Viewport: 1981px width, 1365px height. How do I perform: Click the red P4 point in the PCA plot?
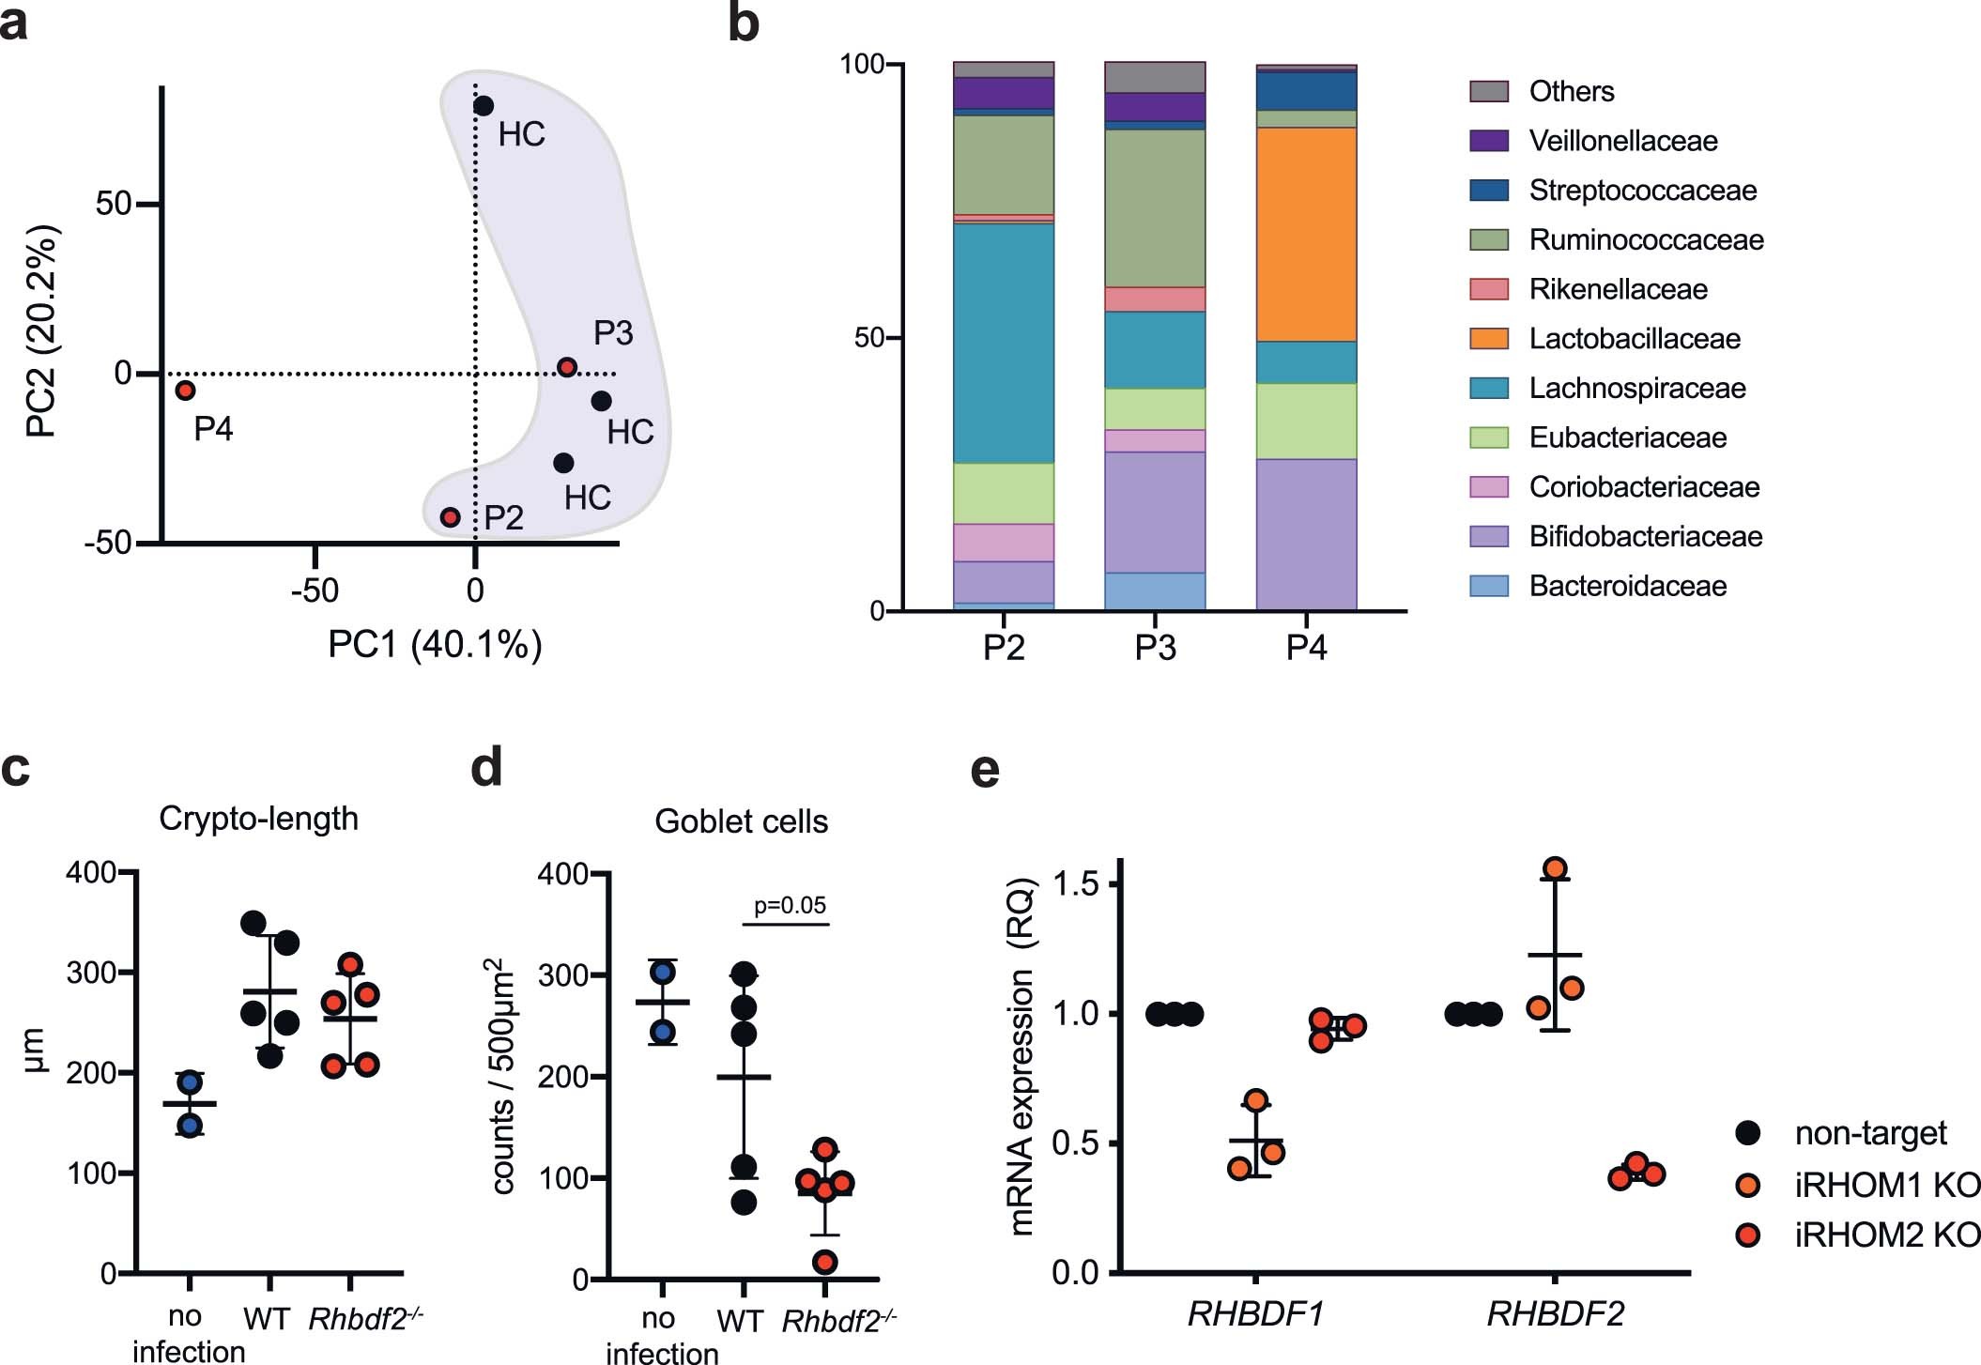click(186, 390)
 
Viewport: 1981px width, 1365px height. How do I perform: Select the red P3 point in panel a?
click(567, 367)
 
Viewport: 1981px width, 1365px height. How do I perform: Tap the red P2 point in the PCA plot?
click(451, 517)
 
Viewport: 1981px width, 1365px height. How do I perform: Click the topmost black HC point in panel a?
click(484, 106)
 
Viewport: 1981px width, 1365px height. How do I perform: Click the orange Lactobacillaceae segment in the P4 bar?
click(1306, 235)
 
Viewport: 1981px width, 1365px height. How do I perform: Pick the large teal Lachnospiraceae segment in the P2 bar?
click(1004, 343)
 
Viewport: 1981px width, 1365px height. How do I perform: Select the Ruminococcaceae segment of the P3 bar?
click(1155, 208)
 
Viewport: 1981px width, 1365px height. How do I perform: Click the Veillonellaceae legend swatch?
click(1489, 141)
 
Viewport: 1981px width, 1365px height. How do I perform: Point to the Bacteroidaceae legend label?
click(1627, 587)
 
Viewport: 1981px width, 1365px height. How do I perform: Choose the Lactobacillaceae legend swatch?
click(1489, 339)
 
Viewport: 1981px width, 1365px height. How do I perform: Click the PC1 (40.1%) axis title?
click(435, 645)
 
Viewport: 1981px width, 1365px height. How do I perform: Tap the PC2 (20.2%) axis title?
click(42, 331)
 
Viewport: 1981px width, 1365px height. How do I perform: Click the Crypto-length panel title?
click(258, 819)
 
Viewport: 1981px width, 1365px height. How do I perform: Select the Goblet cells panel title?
click(741, 821)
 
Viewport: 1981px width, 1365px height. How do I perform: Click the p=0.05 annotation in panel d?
click(790, 906)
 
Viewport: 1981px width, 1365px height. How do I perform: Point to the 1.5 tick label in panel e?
click(1077, 884)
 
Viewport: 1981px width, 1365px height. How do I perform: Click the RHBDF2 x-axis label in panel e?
click(1555, 1314)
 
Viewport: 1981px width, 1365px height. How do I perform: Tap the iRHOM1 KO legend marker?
click(1748, 1185)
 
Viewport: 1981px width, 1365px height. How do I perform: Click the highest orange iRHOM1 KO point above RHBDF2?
click(1555, 868)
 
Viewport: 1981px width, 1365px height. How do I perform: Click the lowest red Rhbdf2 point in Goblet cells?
click(825, 1262)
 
